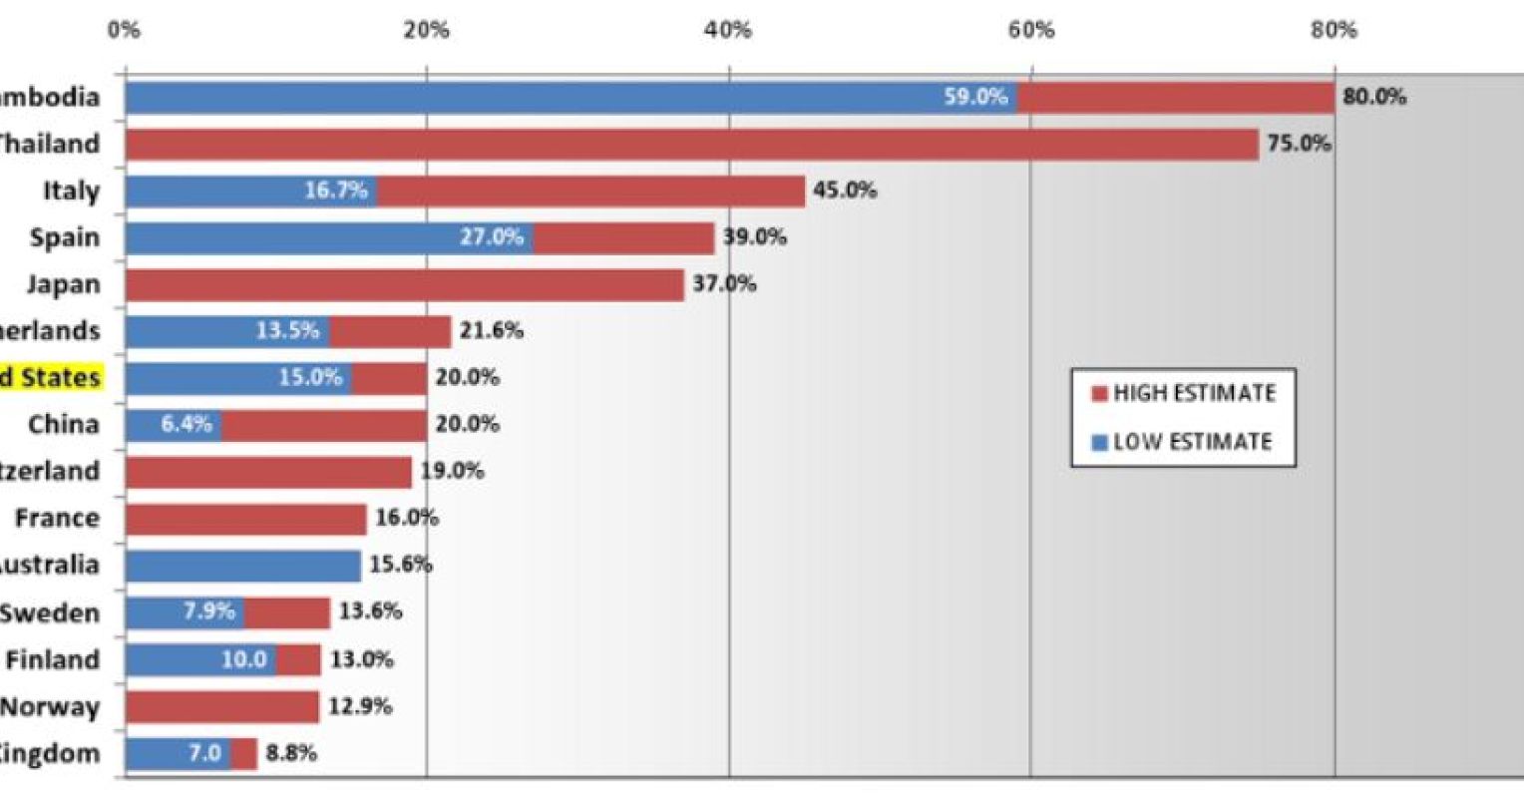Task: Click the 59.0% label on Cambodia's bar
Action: pos(975,98)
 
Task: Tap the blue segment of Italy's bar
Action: pos(249,192)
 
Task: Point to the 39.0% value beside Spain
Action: pos(754,237)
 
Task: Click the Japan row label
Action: pos(63,284)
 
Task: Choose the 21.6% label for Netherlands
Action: pos(491,331)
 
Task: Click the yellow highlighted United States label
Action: pos(50,378)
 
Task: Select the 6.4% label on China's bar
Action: pos(187,424)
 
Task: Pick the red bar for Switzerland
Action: pos(268,472)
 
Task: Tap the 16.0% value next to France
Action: pos(406,519)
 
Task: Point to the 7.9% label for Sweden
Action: pos(208,611)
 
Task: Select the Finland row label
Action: pos(53,660)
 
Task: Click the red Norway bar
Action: pos(221,707)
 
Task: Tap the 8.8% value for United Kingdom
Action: pos(291,754)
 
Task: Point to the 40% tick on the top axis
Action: pos(728,30)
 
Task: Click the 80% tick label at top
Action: pos(1333,30)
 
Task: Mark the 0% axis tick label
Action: pos(124,30)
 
